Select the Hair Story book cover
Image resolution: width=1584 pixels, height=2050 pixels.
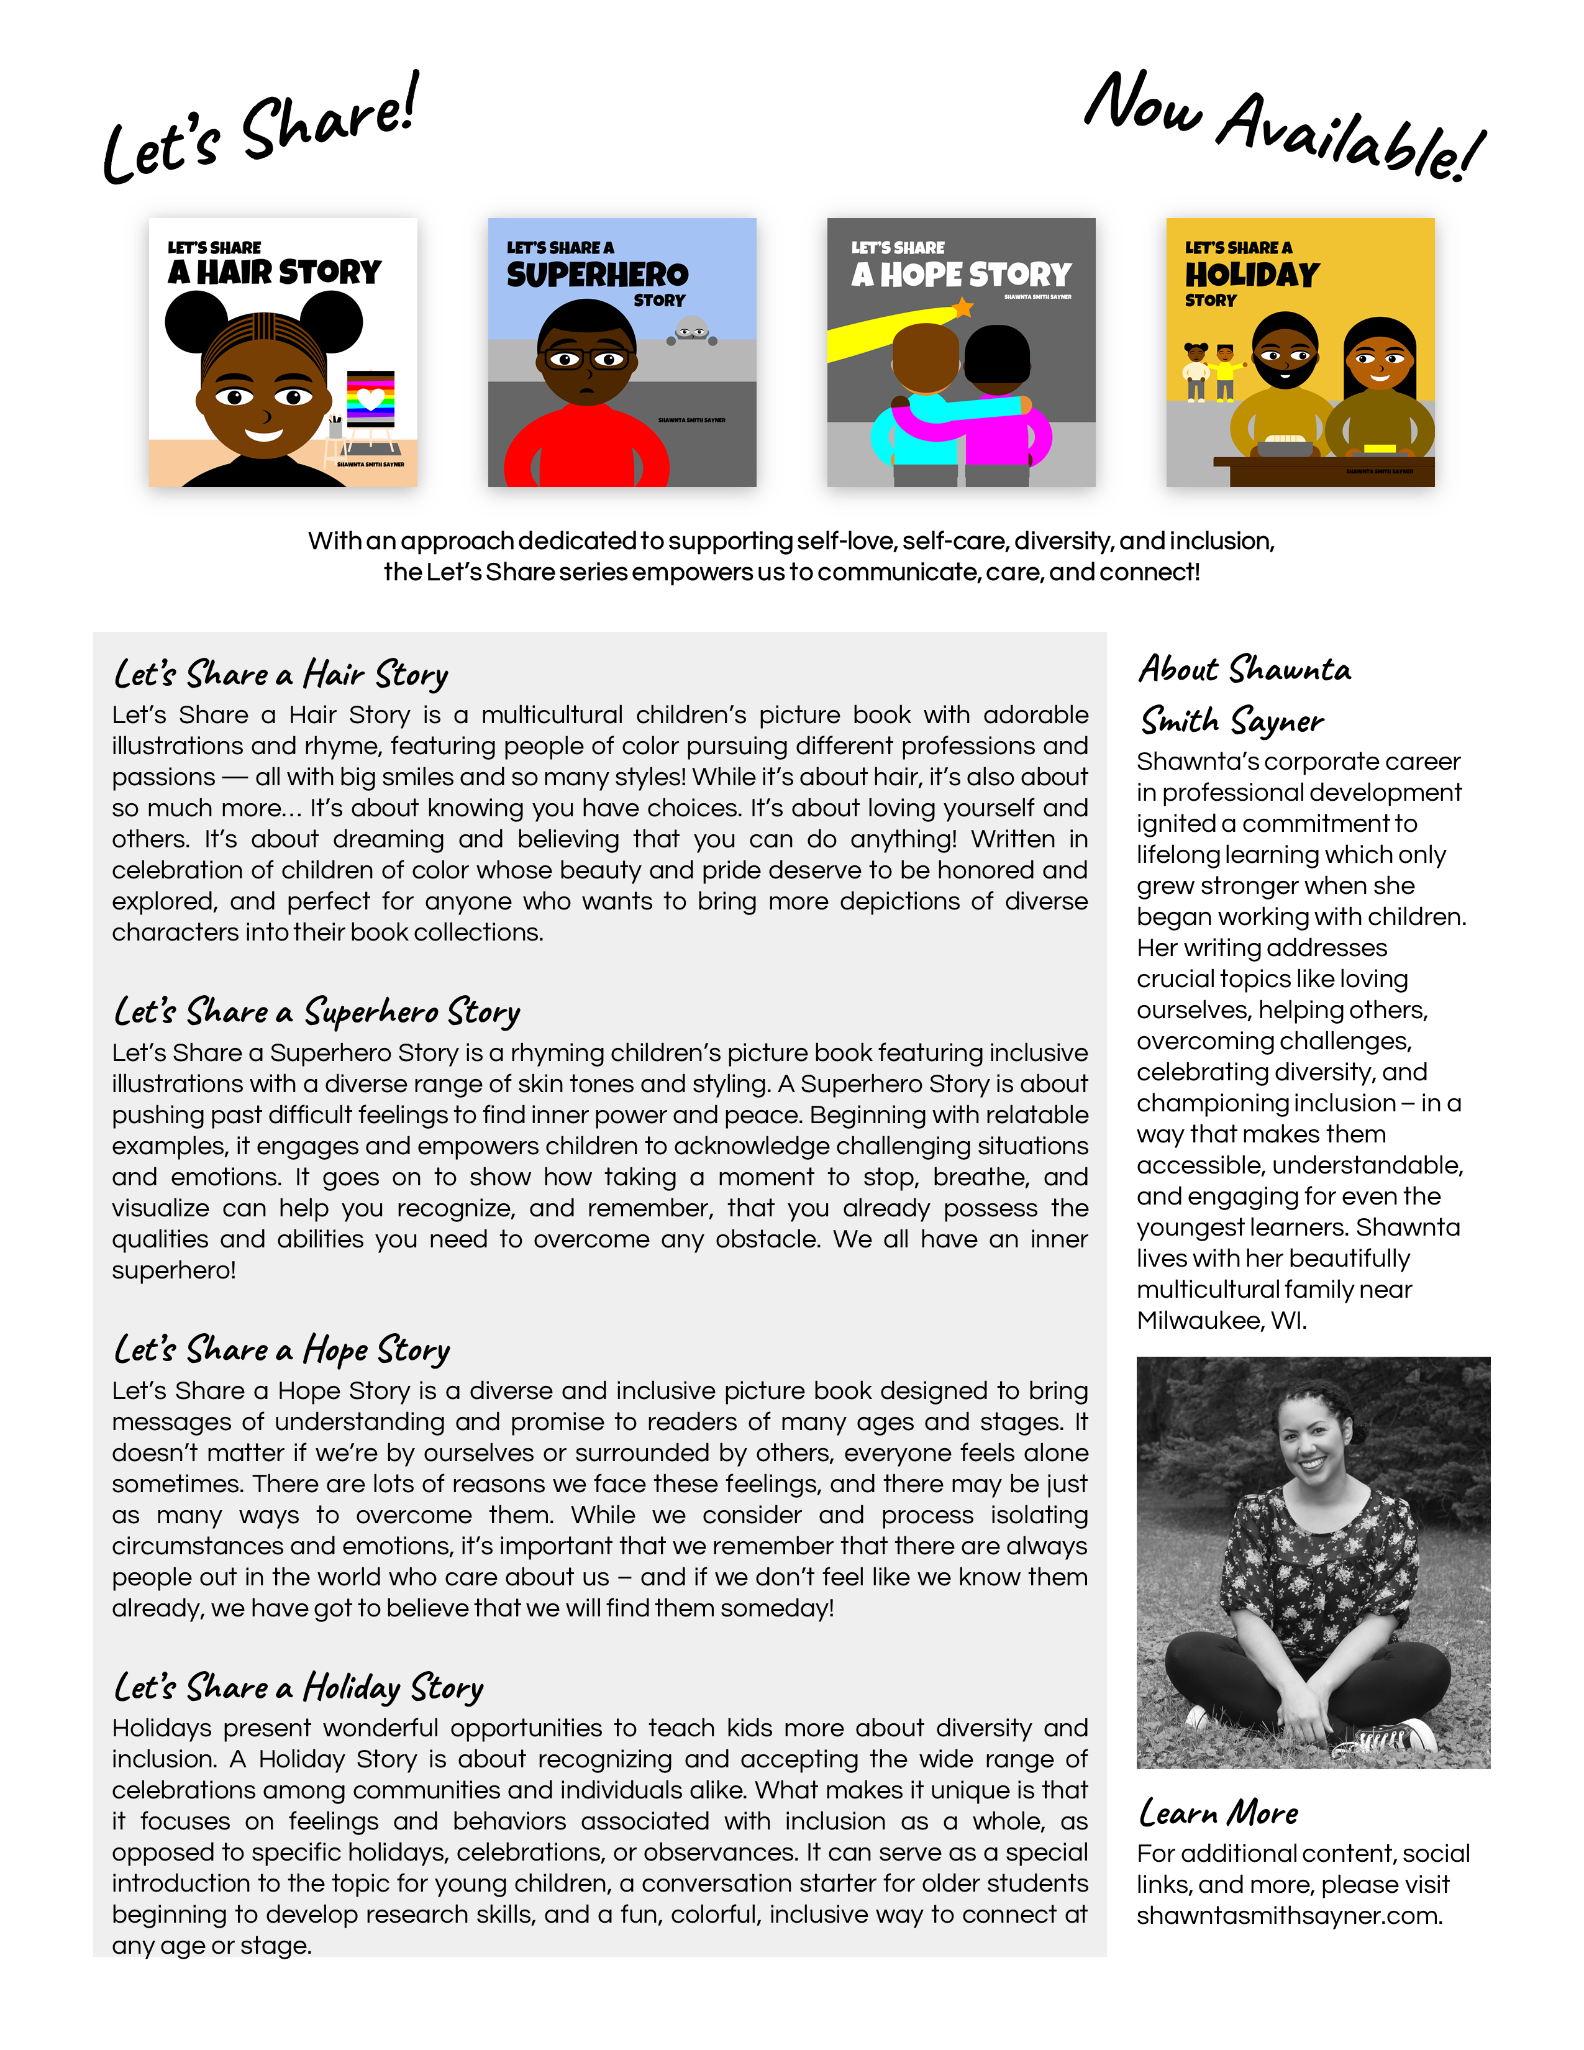283,352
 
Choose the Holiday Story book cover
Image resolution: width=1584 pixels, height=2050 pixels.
1300,352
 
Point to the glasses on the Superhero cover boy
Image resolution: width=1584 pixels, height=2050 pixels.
586,358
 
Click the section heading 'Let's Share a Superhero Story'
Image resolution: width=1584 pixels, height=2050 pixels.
316,1012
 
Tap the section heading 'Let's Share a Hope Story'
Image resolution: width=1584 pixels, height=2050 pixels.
281,1350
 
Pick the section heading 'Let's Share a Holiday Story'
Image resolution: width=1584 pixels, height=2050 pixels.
298,1688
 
